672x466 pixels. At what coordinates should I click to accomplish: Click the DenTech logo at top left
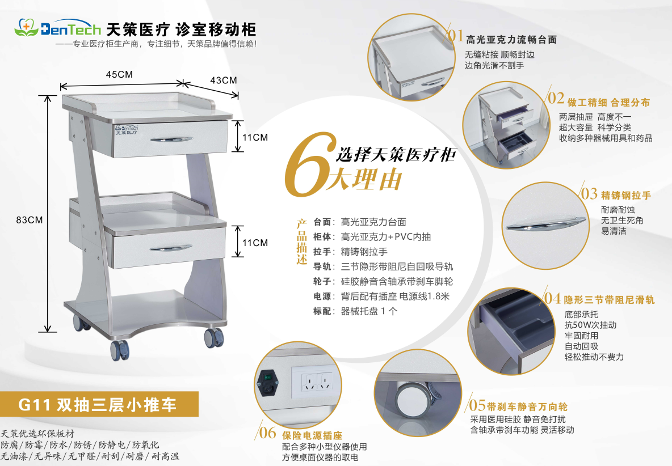click(x=57, y=28)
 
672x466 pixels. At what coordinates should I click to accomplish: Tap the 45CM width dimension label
click(x=120, y=74)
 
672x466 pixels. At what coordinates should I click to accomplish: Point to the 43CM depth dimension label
click(x=223, y=81)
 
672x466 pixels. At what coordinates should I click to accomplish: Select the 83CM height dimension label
click(x=30, y=220)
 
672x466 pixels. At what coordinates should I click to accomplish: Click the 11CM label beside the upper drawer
click(x=255, y=137)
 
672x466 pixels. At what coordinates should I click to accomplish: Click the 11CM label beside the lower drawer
click(x=255, y=243)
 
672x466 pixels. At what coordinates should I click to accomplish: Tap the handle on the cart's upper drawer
click(x=171, y=139)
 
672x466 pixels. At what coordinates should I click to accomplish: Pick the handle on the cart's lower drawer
click(x=171, y=248)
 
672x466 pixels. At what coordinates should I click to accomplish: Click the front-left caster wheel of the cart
click(x=120, y=350)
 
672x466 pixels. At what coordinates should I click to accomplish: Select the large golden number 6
click(x=309, y=165)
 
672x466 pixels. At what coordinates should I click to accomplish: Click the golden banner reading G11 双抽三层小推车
click(x=99, y=404)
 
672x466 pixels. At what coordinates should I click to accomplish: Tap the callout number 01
click(x=455, y=35)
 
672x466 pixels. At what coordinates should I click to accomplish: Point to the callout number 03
click(x=589, y=194)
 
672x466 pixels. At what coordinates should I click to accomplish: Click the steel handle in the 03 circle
click(x=545, y=224)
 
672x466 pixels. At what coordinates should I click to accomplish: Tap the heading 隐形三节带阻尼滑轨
click(x=609, y=300)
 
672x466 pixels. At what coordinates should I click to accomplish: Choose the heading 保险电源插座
click(x=312, y=435)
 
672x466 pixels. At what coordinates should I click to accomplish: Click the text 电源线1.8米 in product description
click(x=425, y=296)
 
